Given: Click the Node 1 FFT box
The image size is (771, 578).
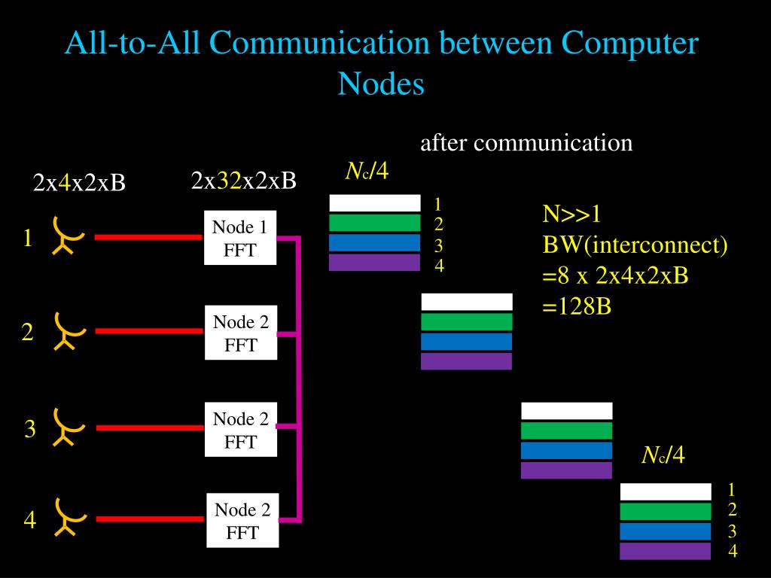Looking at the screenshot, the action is [x=240, y=238].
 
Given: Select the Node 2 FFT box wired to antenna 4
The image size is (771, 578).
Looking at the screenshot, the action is [x=242, y=521].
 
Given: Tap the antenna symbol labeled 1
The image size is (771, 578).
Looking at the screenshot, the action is [x=66, y=236].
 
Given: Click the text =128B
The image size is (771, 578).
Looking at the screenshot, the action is [x=576, y=306].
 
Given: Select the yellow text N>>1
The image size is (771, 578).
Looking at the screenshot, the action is [x=573, y=214].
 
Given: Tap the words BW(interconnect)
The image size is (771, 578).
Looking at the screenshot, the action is [x=635, y=245].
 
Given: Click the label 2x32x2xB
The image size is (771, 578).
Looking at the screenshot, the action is [x=243, y=181].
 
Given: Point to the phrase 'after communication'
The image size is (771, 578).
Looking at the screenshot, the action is [x=526, y=142].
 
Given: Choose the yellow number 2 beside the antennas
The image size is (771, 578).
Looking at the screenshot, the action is [x=27, y=332].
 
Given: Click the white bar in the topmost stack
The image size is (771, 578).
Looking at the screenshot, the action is [x=374, y=203].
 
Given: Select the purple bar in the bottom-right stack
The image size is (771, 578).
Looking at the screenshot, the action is [x=665, y=551].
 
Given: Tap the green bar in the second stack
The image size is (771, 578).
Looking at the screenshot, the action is [x=466, y=322].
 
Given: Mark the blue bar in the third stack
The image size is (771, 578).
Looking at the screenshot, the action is [x=566, y=450].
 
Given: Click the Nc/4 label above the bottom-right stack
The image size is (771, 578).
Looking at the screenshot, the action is [x=663, y=455].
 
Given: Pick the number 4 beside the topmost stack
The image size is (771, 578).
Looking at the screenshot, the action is [x=439, y=265].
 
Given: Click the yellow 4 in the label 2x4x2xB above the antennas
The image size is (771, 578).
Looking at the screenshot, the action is [x=65, y=183].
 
